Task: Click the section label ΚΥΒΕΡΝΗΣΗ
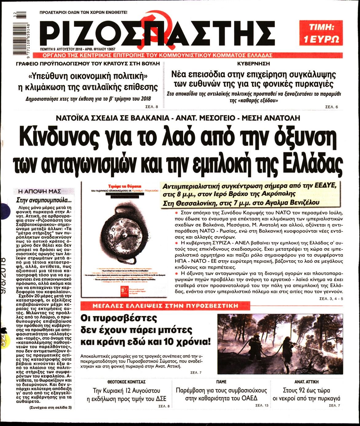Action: point(253,64)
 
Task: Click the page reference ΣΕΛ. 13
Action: point(262,406)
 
